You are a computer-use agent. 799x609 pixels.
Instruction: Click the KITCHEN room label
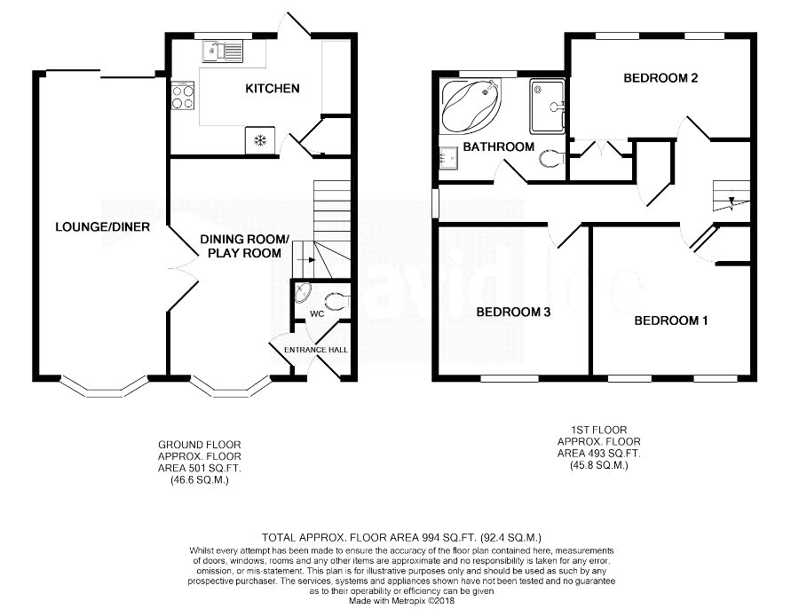272,89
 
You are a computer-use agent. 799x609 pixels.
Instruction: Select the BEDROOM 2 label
660,78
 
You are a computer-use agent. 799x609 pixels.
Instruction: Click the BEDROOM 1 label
670,320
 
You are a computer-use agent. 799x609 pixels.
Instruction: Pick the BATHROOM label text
498,146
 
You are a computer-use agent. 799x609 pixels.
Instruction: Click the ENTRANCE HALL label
316,350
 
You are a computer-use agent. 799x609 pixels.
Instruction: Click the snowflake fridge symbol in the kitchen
261,140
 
